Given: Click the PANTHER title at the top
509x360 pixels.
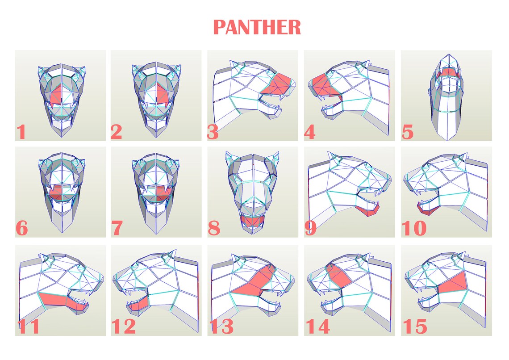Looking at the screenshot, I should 257,27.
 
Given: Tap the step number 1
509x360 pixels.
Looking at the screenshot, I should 21,133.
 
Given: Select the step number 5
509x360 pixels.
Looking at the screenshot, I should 407,133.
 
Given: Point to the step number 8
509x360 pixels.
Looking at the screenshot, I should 214,229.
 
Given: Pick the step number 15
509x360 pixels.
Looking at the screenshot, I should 415,327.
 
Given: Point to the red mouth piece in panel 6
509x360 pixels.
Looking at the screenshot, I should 56,195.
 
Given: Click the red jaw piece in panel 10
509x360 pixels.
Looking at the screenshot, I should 424,209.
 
